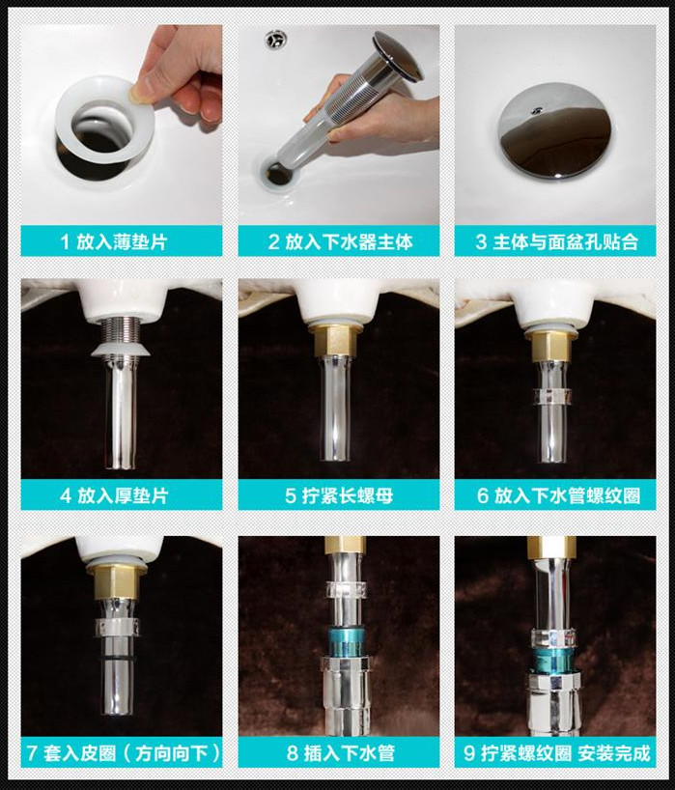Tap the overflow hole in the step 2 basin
coord(276,40)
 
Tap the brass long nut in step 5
coord(335,342)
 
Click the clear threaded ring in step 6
coord(553,396)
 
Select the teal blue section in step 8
coord(342,640)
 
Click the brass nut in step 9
coord(551,548)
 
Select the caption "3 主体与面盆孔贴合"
coord(556,241)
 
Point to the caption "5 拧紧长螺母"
coord(339,495)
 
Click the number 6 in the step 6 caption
coord(483,495)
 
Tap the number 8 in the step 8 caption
coord(293,753)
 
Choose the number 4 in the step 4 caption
coord(66,495)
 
